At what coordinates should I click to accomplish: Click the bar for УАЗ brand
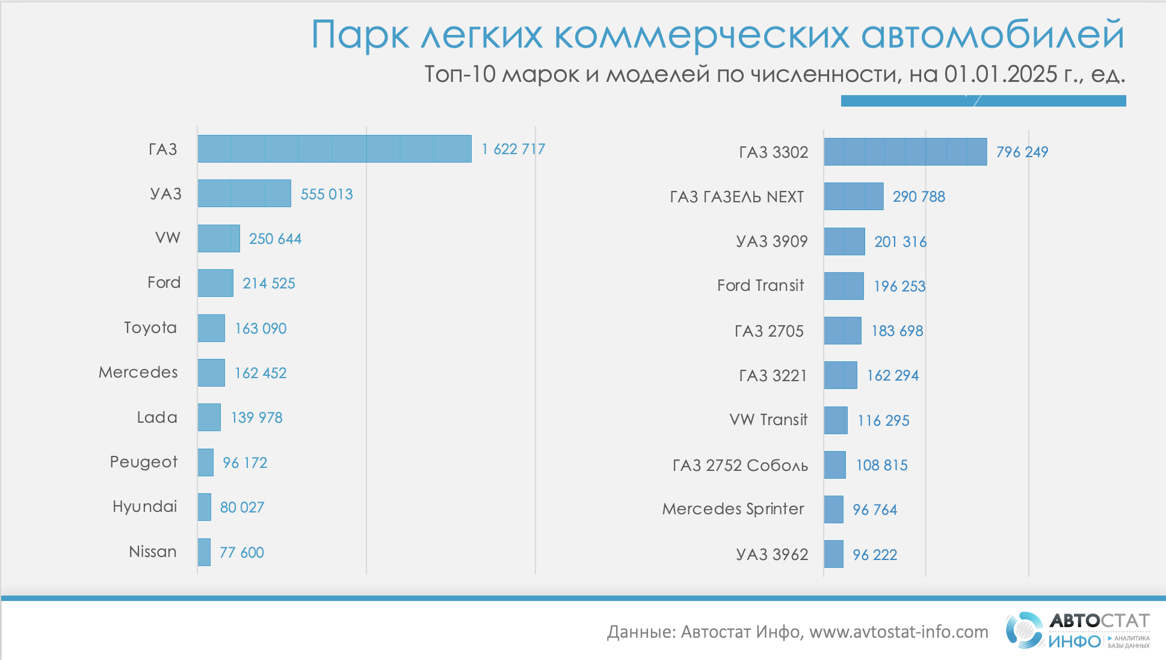pos(244,193)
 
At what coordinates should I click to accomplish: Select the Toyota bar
pos(211,328)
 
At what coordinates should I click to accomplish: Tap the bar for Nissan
pos(204,552)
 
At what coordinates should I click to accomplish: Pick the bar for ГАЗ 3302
pos(905,152)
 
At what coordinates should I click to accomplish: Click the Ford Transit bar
pos(844,286)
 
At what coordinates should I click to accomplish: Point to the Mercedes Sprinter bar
pos(833,509)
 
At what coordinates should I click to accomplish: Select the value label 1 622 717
pos(513,149)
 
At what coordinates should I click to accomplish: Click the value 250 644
pos(275,239)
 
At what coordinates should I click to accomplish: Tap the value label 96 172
pos(245,462)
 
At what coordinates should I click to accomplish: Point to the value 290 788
pos(919,197)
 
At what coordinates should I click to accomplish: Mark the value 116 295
pos(883,420)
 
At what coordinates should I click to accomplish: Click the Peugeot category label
pos(144,462)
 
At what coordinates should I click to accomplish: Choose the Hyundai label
pos(145,507)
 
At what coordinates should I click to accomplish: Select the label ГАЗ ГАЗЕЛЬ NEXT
pos(737,197)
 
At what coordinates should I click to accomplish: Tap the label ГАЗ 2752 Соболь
pos(740,465)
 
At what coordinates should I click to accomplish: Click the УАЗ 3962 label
pos(772,555)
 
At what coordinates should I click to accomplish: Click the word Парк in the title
pos(360,35)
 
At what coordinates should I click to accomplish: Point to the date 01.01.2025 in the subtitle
pos(1001,74)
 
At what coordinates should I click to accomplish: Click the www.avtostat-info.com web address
pos(898,632)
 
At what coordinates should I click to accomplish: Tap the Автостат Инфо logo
pos(1077,630)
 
